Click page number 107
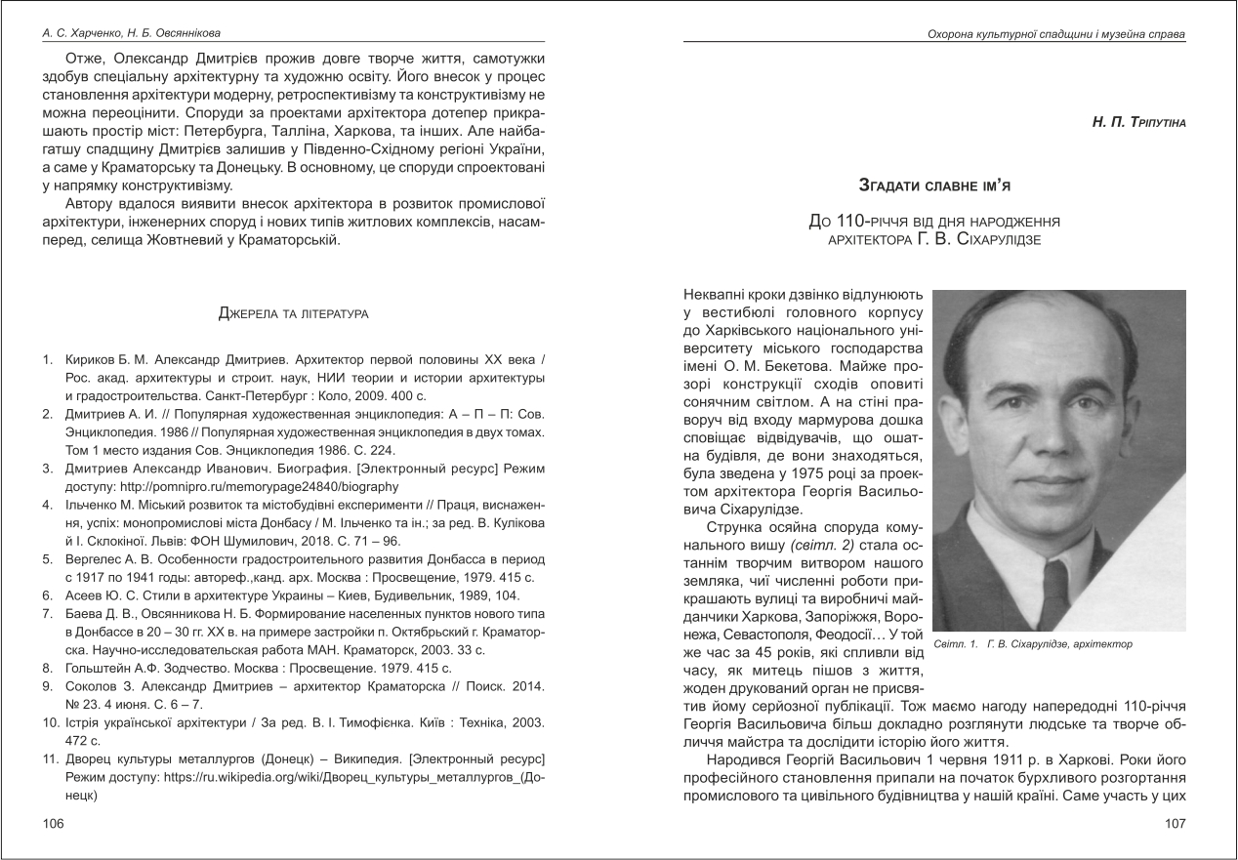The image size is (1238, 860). (x=1175, y=824)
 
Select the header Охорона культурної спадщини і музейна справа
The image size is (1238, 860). (x=1055, y=34)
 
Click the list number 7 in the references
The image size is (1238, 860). (x=47, y=613)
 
